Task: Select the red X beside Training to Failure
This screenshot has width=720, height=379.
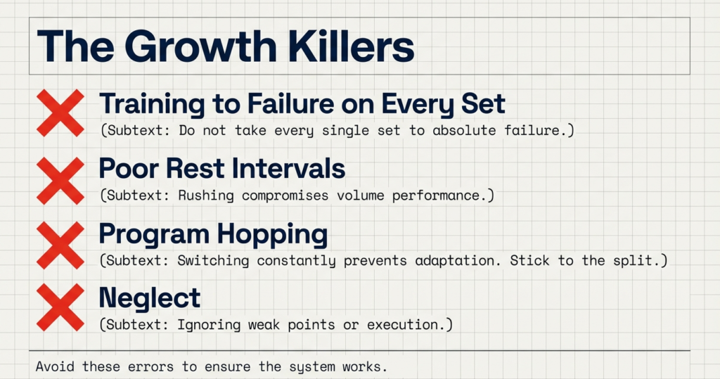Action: point(60,113)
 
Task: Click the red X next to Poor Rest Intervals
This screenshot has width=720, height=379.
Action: point(60,180)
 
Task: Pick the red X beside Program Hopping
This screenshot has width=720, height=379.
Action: point(60,245)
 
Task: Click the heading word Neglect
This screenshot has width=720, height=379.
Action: point(150,298)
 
